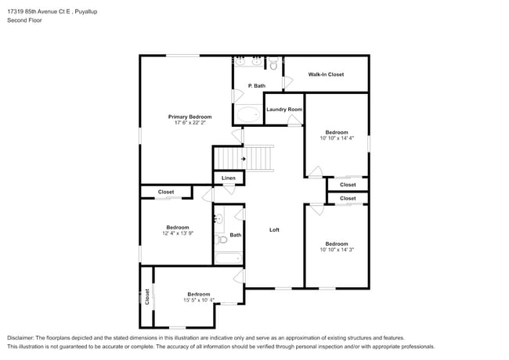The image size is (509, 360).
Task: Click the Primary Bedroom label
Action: point(190,117)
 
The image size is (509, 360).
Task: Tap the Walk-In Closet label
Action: point(326,74)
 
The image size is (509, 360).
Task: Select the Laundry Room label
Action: point(283,110)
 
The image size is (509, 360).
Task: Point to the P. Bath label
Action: point(255,85)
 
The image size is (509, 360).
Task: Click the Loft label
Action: point(275,230)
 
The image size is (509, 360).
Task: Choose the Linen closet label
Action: point(229,178)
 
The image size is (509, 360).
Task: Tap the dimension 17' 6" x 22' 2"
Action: point(190,123)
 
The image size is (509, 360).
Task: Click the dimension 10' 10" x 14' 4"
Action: point(337,139)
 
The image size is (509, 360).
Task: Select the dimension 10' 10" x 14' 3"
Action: point(337,250)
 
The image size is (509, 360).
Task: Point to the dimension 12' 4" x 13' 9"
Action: point(178,233)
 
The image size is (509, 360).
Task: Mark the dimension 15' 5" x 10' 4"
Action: point(198,301)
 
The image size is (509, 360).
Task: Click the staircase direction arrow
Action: point(244,159)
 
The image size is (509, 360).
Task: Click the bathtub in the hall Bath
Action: point(229,257)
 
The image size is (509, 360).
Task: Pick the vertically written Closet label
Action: point(146,297)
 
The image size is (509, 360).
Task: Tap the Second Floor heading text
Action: point(24,20)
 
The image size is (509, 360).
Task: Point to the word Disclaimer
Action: point(24,337)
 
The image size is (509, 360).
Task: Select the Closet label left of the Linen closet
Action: point(166,192)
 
